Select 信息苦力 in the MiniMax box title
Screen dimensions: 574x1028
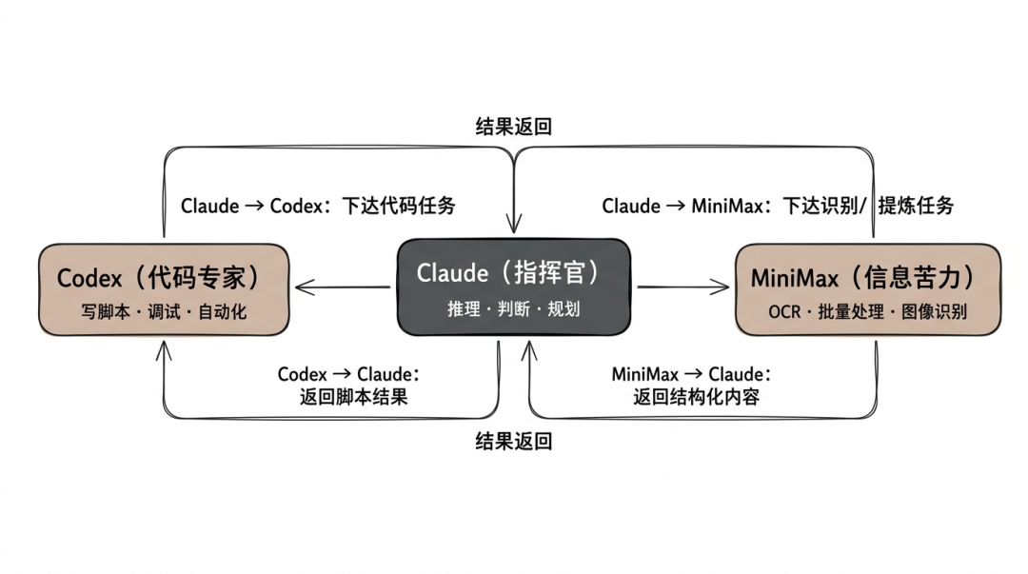[x=914, y=278]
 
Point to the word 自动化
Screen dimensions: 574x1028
[x=222, y=311]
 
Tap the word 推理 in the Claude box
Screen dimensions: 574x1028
[x=464, y=309]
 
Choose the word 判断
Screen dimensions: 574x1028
[x=514, y=309]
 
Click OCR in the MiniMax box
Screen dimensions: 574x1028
[x=784, y=311]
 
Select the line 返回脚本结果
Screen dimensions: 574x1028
[x=353, y=397]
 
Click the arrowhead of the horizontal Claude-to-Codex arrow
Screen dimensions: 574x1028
[x=302, y=286]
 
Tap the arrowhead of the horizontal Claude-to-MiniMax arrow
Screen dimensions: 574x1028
[x=724, y=286]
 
